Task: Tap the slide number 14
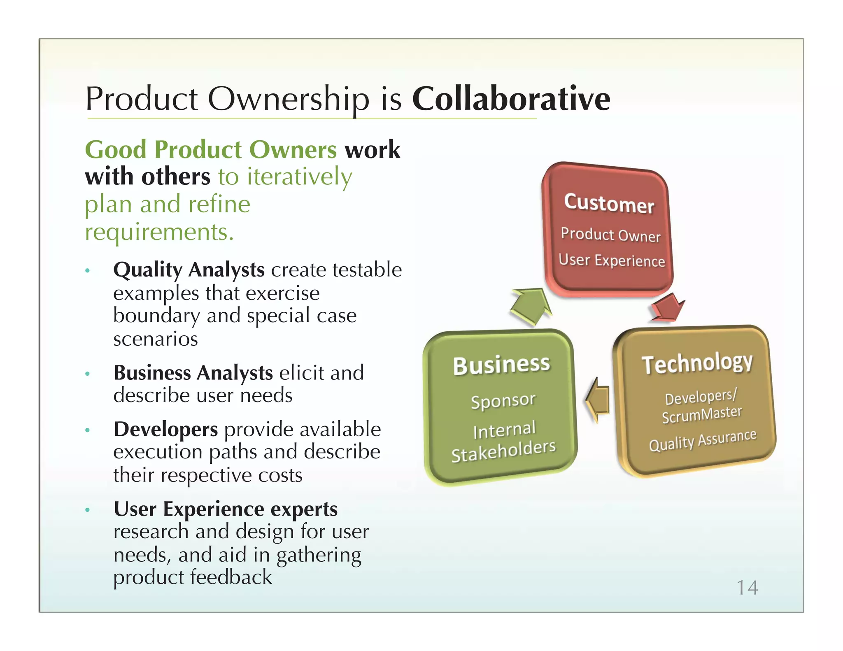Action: click(x=747, y=587)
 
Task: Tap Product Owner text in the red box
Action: click(x=610, y=235)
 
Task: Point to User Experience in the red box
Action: click(x=612, y=260)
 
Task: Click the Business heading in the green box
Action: click(x=501, y=365)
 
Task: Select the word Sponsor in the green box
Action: click(x=503, y=400)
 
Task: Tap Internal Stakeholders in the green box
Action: click(x=504, y=441)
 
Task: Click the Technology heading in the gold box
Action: click(x=697, y=363)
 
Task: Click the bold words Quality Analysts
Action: click(x=189, y=270)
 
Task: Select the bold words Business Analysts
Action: click(x=193, y=373)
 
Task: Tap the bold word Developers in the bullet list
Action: click(x=165, y=429)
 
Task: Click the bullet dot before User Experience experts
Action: click(x=87, y=510)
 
